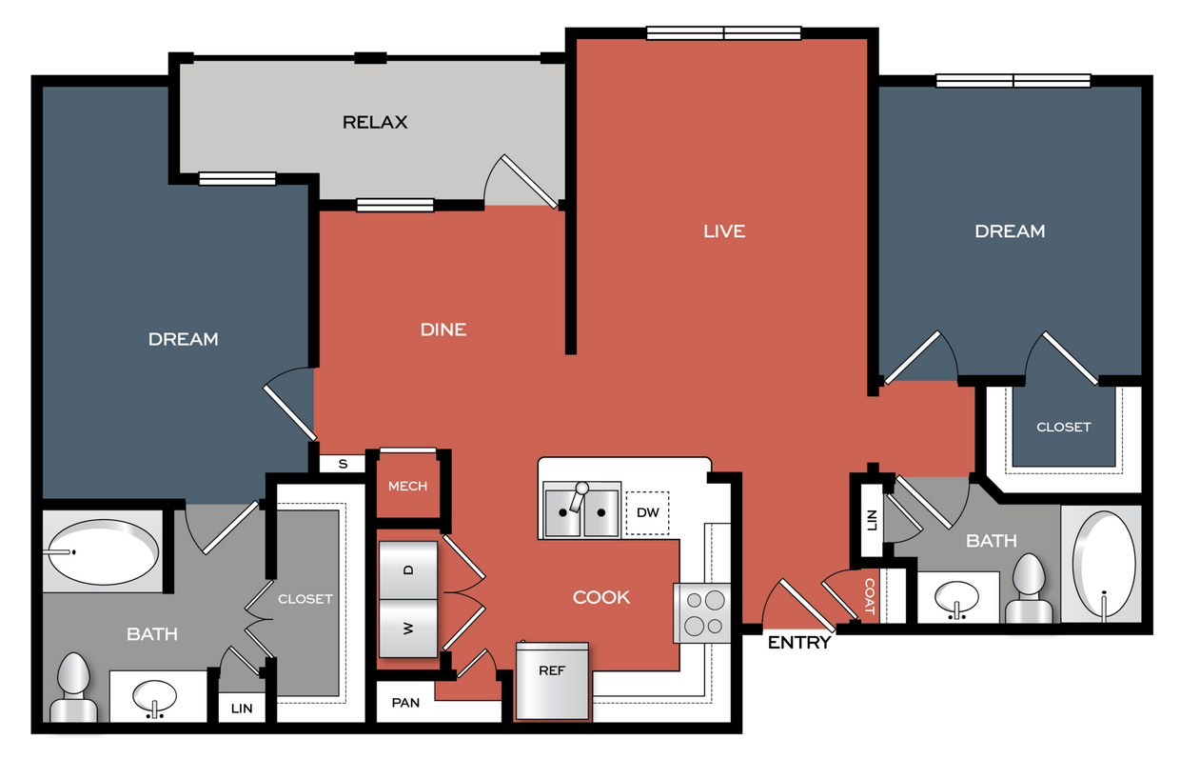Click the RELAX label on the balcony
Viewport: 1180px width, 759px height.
coord(375,122)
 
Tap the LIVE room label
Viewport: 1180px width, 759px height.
coord(723,230)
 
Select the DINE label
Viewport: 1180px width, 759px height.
coord(443,330)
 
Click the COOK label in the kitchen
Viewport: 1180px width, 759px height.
coord(601,597)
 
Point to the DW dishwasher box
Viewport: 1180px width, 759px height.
coord(647,513)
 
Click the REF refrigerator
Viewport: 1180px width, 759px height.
coord(552,680)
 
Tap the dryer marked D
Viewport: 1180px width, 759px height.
coord(408,569)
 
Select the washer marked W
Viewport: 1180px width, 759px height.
coord(408,629)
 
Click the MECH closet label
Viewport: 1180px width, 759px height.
coord(407,486)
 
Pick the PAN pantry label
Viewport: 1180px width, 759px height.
coord(405,704)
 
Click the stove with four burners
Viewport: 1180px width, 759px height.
coord(702,612)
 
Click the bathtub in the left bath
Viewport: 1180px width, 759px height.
coord(103,551)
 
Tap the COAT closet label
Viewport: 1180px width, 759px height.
coord(870,596)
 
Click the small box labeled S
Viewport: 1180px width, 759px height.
coord(344,464)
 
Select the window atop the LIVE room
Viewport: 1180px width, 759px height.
coord(723,33)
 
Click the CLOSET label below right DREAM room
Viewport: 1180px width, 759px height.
coord(1063,427)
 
